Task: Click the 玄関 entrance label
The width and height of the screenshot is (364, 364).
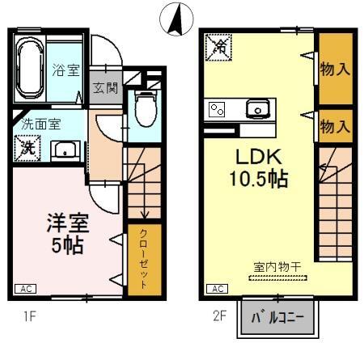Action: [104, 87]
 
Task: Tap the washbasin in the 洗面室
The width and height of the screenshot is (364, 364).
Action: [64, 150]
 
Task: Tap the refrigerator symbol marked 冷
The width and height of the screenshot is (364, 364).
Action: [218, 48]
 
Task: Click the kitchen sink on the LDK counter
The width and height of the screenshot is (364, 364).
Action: [258, 108]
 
